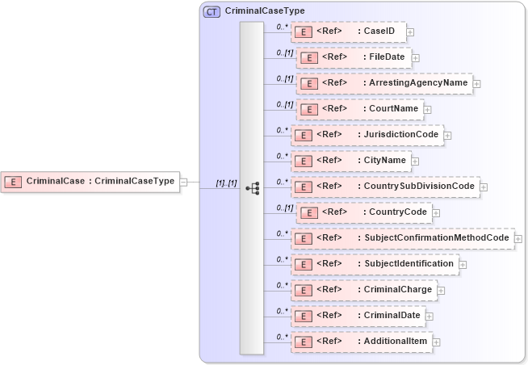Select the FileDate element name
pos(388,57)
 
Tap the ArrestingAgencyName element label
pos(417,82)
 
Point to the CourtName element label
pos(393,108)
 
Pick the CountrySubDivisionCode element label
pos(419,186)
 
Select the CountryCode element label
pos(398,212)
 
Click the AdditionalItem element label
pos(396,341)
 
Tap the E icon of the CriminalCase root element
pos(14,182)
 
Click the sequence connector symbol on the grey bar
pos(252,187)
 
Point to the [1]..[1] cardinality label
pos(226,182)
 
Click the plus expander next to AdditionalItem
pos(437,342)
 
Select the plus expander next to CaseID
pos(410,32)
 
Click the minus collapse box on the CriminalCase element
pos(183,182)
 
